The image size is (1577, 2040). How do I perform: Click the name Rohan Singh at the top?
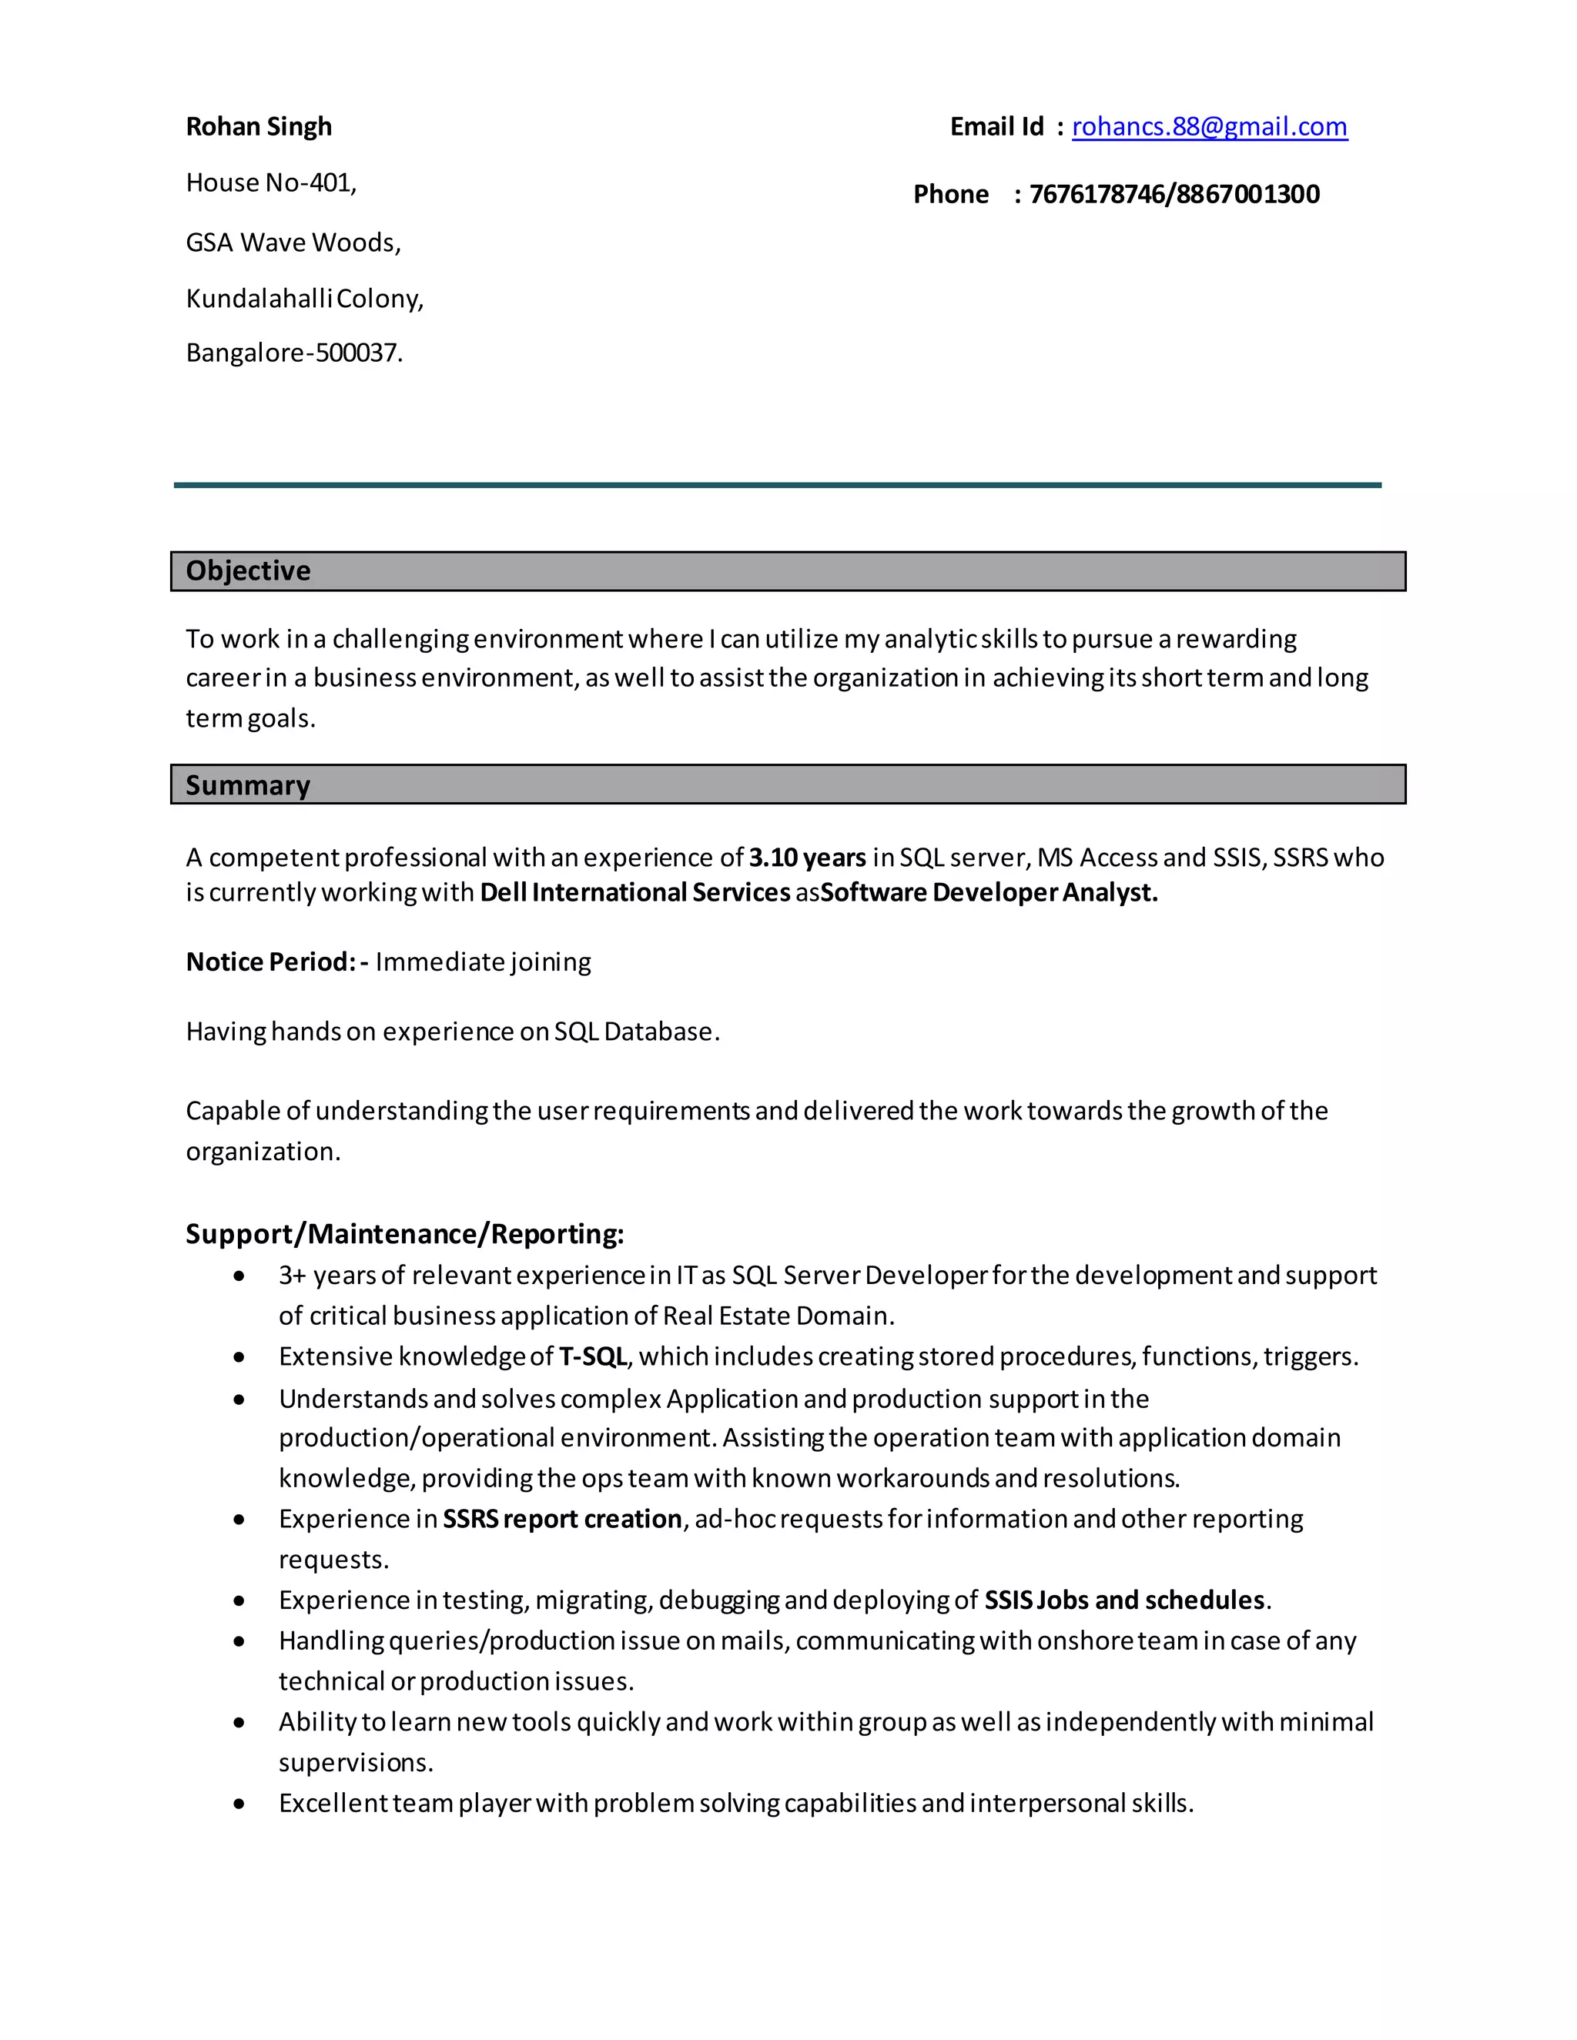point(259,126)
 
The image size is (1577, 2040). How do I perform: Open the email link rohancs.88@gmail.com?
point(1209,126)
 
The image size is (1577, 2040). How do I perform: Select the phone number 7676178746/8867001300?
point(1174,194)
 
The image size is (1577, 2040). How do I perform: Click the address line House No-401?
point(271,182)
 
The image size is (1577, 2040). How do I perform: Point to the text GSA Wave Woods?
point(293,242)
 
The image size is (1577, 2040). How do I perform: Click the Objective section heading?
point(249,570)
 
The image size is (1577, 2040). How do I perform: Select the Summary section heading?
point(248,784)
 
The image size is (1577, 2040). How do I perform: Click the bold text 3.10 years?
point(807,858)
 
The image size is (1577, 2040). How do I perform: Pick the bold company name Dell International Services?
point(635,892)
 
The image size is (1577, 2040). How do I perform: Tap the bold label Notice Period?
point(271,961)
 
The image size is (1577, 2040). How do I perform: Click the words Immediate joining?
point(483,961)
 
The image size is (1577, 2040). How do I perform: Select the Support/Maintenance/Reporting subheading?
point(404,1234)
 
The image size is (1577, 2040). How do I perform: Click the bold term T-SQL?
point(593,1356)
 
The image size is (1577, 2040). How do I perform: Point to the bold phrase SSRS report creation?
point(562,1519)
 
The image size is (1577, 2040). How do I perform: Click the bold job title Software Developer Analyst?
point(989,892)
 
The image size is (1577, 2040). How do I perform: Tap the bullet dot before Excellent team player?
point(240,1804)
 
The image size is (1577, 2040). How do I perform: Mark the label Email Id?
point(997,126)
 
